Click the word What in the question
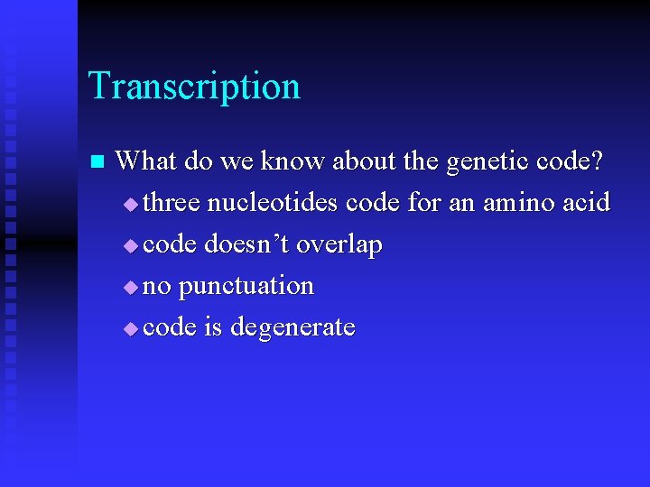click(x=146, y=161)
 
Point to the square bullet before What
click(x=97, y=162)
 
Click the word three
click(x=172, y=202)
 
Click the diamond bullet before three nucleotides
click(x=132, y=204)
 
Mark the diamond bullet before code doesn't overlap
click(x=132, y=245)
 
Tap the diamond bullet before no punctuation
click(x=132, y=287)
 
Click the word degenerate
click(x=292, y=327)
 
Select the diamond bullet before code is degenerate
click(x=132, y=328)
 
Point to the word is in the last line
click(x=213, y=326)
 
